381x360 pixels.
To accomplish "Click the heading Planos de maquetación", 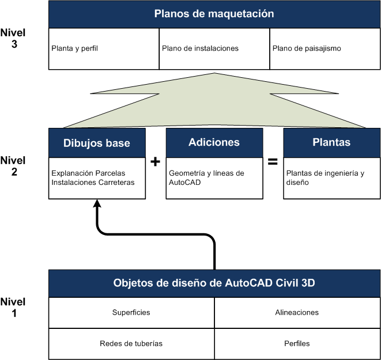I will pyautogui.click(x=214, y=14).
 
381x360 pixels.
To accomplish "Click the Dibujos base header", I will pyautogui.click(x=97, y=142).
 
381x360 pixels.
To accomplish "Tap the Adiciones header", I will pyautogui.click(x=214, y=142).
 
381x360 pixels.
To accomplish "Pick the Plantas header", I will pyautogui.click(x=331, y=142).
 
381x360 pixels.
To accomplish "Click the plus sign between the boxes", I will pyautogui.click(x=154, y=162).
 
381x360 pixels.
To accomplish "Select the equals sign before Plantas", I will pyautogui.click(x=273, y=162).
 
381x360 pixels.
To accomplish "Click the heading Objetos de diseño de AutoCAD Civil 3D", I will pyautogui.click(x=214, y=283).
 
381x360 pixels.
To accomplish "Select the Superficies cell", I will pyautogui.click(x=131, y=312).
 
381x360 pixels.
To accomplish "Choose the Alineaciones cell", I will pyautogui.click(x=297, y=312).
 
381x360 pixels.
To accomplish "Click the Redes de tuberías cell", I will pyautogui.click(x=131, y=343).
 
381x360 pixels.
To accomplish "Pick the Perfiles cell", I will pyautogui.click(x=297, y=343).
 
